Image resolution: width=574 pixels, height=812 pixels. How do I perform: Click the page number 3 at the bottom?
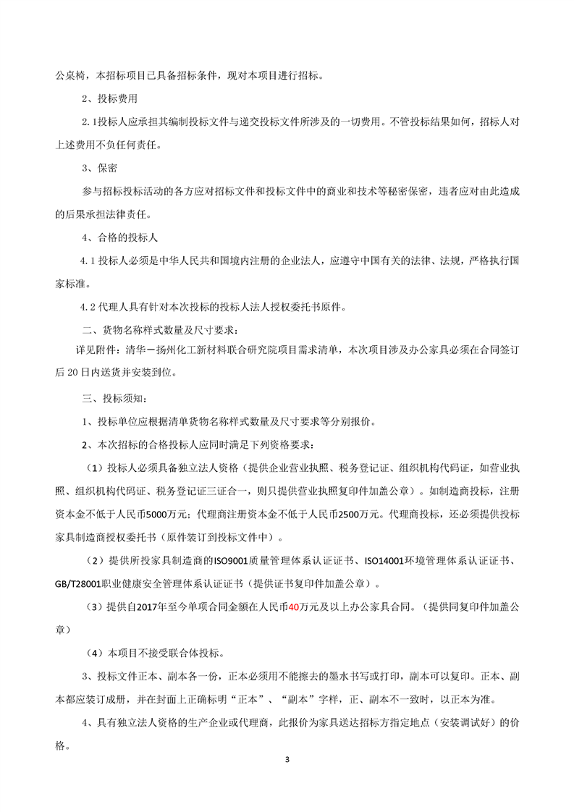(287, 759)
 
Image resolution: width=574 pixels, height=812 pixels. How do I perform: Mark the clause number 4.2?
(88, 306)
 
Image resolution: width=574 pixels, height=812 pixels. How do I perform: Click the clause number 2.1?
(88, 122)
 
